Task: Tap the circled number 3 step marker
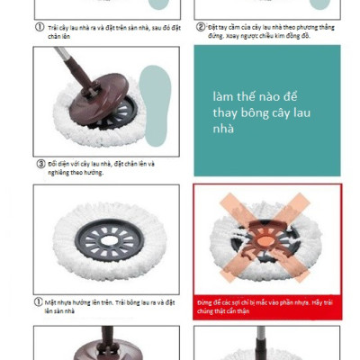[40, 164]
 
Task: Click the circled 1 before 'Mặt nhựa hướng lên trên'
[40, 301]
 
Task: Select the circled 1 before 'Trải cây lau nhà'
[40, 26]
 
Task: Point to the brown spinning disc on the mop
[112, 94]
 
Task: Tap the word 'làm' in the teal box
[223, 96]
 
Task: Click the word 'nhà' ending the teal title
[224, 129]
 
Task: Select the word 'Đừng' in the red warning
[205, 303]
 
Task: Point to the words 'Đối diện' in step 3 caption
[59, 164]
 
